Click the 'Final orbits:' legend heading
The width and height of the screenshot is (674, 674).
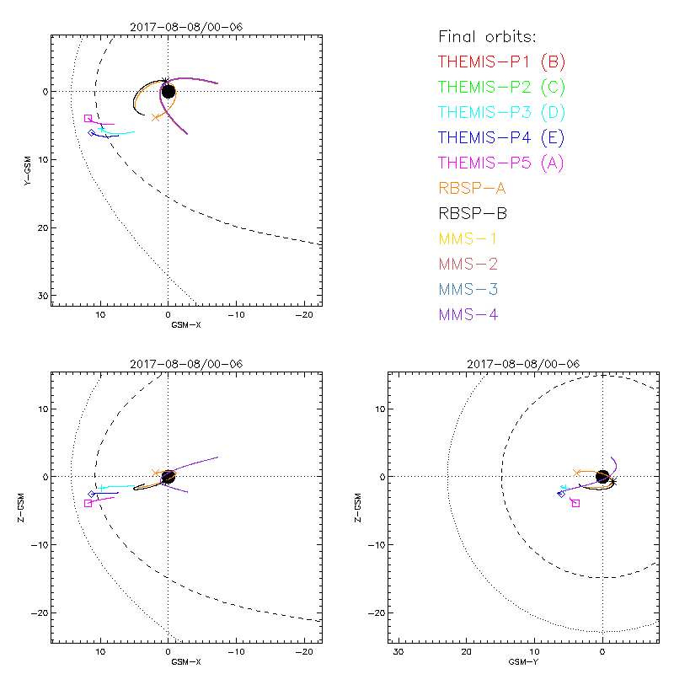(x=488, y=36)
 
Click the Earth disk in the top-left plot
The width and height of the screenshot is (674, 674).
(x=168, y=91)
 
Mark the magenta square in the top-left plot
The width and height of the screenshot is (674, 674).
(x=88, y=119)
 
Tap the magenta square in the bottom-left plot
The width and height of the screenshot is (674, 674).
(x=88, y=503)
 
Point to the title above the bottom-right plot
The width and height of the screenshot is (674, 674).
(x=520, y=364)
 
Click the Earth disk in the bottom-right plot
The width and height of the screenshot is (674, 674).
(x=602, y=477)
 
